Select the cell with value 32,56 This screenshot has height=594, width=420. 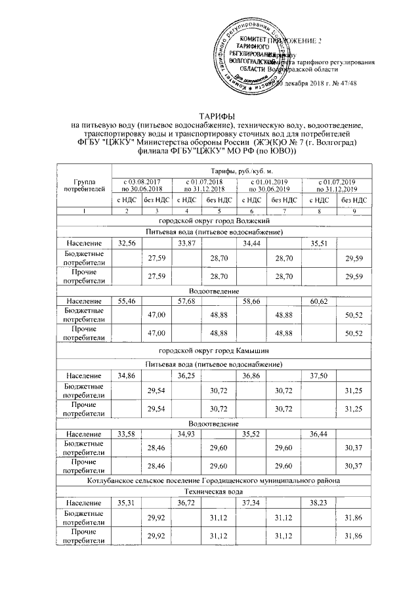[x=126, y=243]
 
